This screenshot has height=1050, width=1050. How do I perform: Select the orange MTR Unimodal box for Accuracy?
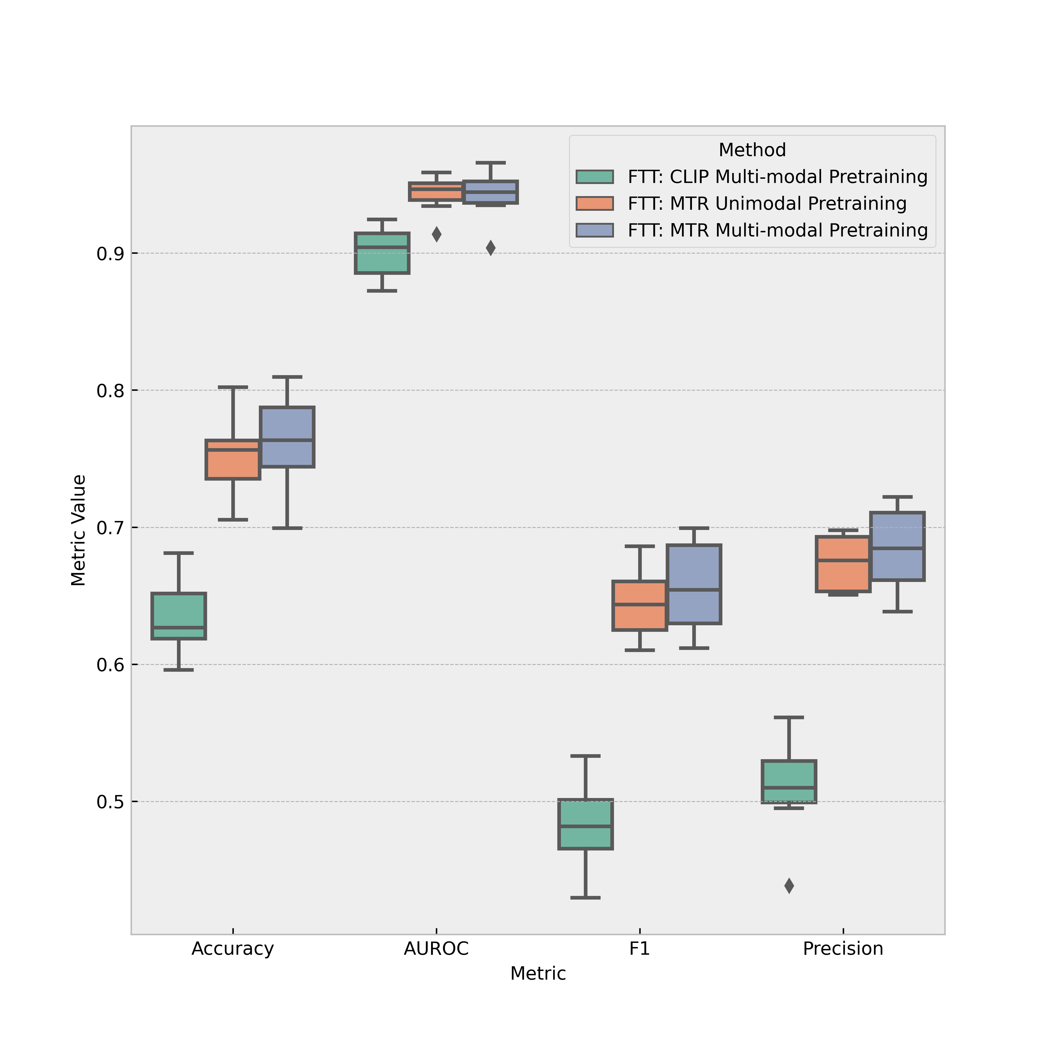pos(233,459)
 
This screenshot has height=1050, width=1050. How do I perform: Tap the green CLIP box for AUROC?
pos(382,253)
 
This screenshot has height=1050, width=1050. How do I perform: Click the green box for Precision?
pos(789,781)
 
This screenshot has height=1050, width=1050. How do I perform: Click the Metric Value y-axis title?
pos(79,531)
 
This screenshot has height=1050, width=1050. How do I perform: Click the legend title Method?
pos(752,150)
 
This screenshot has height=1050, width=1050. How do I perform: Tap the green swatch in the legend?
pos(595,177)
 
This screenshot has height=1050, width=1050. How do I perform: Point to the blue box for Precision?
pos(897,546)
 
